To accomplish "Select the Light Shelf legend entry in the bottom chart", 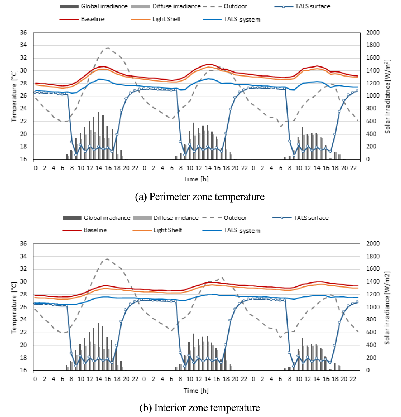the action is [x=157, y=230].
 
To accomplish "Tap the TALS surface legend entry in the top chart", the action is [x=302, y=6].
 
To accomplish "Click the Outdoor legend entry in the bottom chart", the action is [x=224, y=218].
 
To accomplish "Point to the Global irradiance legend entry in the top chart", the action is [x=93, y=6].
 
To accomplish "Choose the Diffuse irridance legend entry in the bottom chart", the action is [x=165, y=218].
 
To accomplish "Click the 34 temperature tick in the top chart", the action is [x=23, y=45].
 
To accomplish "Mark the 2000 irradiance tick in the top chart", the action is [x=373, y=33].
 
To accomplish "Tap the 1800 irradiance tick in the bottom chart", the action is [x=373, y=256].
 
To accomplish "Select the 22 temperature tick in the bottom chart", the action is [x=23, y=332].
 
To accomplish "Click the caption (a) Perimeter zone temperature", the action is [x=200, y=196].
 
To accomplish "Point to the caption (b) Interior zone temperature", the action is [x=200, y=407].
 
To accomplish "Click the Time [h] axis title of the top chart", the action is [x=196, y=179].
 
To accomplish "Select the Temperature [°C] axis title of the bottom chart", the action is [x=14, y=308].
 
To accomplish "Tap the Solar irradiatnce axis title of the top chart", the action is [x=387, y=96].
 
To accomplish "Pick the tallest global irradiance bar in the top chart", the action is [x=98, y=136].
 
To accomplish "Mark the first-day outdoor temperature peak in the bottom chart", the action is [x=107, y=259].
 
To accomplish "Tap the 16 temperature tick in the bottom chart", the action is [x=23, y=370].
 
